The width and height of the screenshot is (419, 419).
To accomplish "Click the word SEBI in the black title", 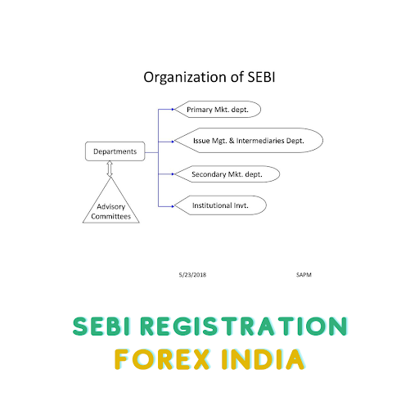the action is (261, 77).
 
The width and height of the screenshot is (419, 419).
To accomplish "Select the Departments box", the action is (115, 151).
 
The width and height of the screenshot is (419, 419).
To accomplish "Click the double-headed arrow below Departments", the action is (110, 169).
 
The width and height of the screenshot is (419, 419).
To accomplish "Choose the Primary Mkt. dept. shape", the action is (218, 110).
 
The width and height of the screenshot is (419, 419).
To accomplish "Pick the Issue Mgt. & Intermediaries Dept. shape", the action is (249, 141).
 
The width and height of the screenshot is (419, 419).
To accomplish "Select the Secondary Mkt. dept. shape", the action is (227, 174).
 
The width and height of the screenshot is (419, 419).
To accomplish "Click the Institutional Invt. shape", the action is (220, 205).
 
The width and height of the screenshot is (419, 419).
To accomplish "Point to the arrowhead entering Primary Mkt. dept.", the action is (173, 110).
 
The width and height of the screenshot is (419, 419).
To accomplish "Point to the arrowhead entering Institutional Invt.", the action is (173, 206).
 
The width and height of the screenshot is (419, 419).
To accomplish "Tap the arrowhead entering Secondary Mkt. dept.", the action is (173, 174).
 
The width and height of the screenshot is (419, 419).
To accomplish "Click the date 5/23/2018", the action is (192, 275).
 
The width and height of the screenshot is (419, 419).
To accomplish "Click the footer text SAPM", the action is (304, 275).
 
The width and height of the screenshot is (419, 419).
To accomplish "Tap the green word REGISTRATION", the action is (244, 327).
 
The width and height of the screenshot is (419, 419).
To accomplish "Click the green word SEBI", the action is (101, 327).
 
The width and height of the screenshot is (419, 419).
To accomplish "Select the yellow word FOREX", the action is (162, 359).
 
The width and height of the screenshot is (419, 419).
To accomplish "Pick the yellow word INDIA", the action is (263, 359).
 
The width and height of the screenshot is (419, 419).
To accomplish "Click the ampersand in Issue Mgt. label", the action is (232, 141).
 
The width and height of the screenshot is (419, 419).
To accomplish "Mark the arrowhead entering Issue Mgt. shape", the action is (173, 142).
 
